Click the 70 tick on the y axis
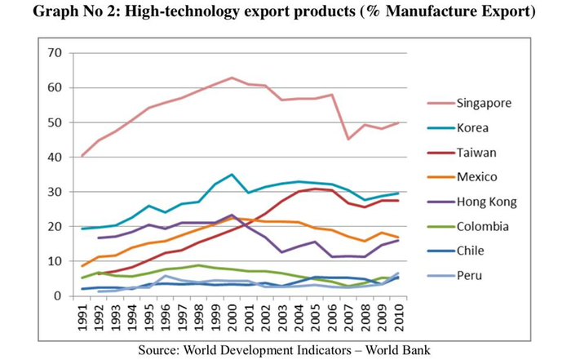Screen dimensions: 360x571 coord(55,53)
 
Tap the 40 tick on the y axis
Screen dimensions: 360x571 coord(55,157)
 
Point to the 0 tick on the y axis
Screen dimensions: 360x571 coord(60,296)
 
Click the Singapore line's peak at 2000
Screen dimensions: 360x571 coord(232,78)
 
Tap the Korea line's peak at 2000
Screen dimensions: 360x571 coord(232,175)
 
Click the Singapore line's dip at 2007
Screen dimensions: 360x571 coord(349,139)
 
